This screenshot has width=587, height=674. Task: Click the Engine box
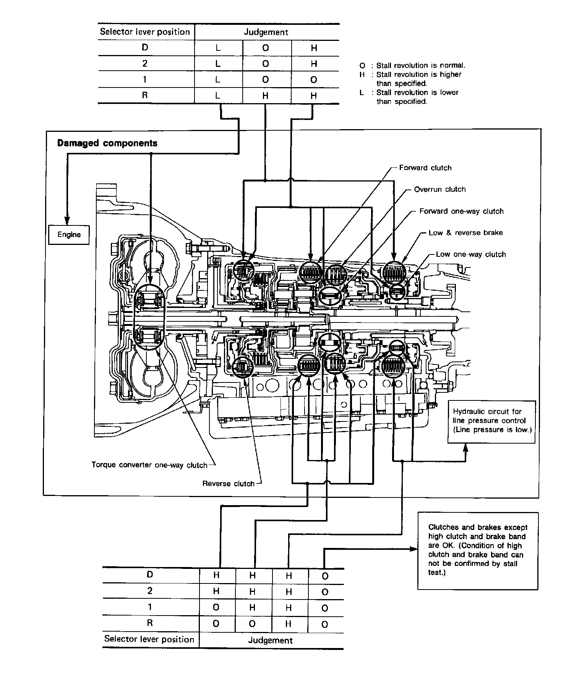click(x=69, y=235)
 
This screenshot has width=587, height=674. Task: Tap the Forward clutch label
click(x=425, y=168)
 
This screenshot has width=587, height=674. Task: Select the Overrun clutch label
click(x=440, y=189)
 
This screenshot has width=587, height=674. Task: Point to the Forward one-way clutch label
click(x=461, y=211)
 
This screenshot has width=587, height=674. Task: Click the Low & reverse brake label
click(x=465, y=233)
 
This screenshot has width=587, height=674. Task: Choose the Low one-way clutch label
click(x=471, y=254)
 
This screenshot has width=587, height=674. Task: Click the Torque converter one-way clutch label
click(x=149, y=465)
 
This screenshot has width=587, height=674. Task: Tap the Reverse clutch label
click(x=228, y=484)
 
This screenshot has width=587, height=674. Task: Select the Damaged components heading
click(x=107, y=143)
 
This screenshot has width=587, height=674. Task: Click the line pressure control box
click(x=491, y=422)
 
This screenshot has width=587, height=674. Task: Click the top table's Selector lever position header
click(x=145, y=32)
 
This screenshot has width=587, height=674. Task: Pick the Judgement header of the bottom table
click(x=270, y=640)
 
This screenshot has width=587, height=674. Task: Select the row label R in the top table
click(x=144, y=95)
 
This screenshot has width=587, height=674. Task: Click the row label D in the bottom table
click(x=150, y=574)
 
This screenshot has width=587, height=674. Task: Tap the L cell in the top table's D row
click(x=218, y=48)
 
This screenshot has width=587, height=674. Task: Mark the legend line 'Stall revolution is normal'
click(x=412, y=65)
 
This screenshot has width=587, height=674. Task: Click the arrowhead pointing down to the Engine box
click(x=67, y=220)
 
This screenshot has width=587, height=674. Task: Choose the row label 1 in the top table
click(x=144, y=79)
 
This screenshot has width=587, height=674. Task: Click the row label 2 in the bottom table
click(x=150, y=591)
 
